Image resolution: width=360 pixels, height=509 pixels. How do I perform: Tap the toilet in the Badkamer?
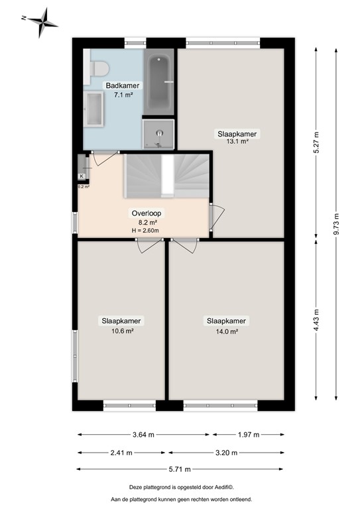click(99, 68)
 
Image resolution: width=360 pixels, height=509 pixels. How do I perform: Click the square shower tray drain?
click(159, 133)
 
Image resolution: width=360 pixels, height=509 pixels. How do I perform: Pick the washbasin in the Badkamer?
click(94, 108)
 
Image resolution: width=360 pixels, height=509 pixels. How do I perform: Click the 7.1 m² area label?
click(124, 95)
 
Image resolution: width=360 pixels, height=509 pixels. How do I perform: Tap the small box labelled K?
click(82, 176)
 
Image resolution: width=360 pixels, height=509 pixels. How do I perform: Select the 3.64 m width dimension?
click(144, 435)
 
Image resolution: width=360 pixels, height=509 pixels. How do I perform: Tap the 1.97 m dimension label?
click(249, 435)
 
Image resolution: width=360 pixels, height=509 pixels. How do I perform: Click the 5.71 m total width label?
click(182, 469)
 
